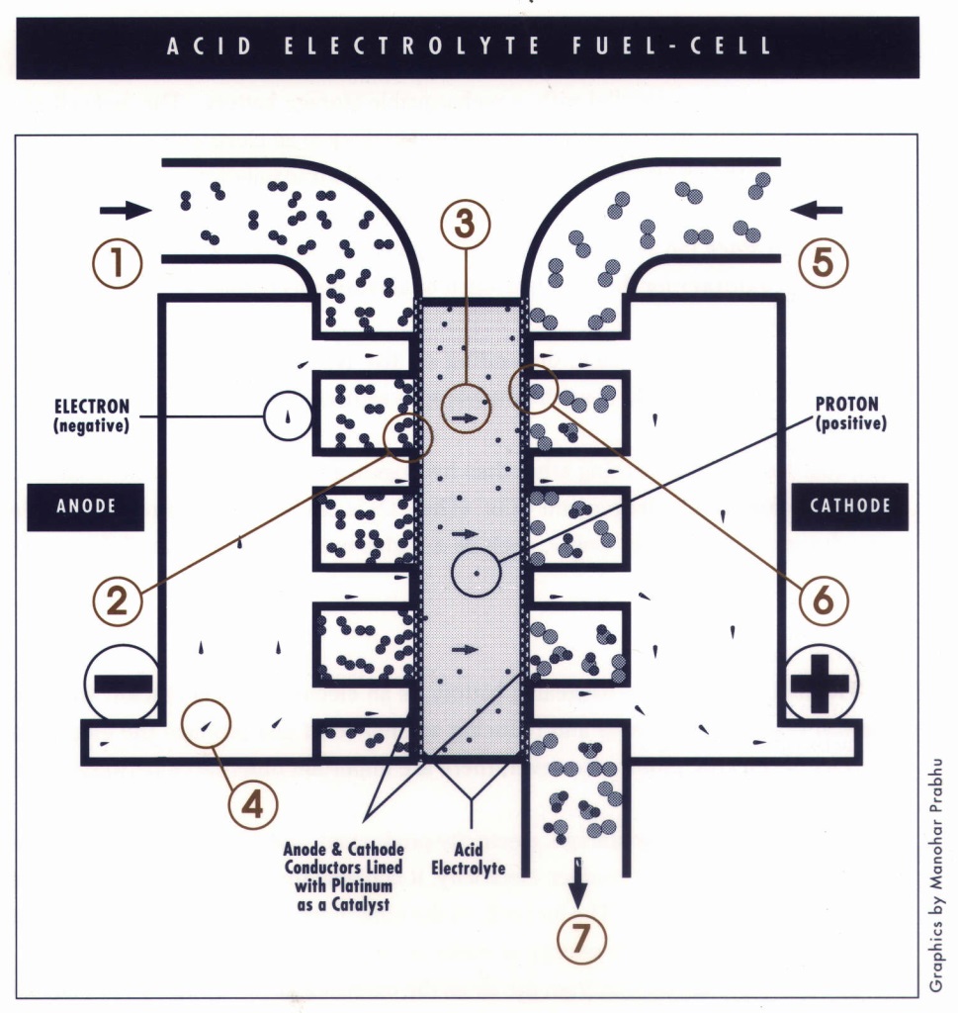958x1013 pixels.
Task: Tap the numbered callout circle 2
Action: [117, 599]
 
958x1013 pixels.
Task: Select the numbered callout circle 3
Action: [465, 226]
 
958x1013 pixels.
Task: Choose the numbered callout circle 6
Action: [824, 599]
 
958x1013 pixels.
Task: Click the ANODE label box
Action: [86, 506]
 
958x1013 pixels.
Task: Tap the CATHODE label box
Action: [850, 506]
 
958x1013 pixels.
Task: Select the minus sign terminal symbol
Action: [122, 683]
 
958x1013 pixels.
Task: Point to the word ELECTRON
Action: [92, 406]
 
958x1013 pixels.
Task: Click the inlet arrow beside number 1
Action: [125, 210]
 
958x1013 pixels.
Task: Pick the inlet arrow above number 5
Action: [817, 210]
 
